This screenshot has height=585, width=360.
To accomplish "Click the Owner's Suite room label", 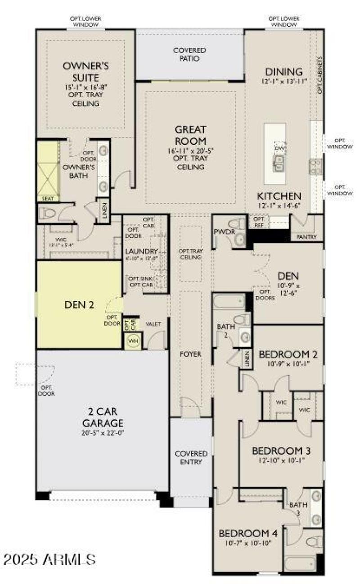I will point(85,71).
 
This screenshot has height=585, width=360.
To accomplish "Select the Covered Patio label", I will point(189,54).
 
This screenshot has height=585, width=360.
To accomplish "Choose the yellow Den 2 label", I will point(79,305).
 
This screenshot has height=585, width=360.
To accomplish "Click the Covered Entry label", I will point(191,458).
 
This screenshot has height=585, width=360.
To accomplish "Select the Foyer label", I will point(190,354).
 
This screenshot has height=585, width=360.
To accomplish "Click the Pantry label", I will point(307,237).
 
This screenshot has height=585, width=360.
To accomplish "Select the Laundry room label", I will point(142,251).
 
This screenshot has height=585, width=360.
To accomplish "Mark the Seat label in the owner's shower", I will point(47,198).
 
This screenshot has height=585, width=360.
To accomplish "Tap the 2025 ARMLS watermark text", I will point(49,559).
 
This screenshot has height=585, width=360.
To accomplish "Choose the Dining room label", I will point(283,72).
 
